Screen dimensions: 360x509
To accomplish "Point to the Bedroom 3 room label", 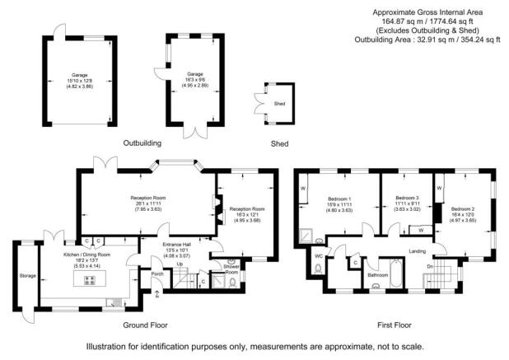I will tap(407, 199).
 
